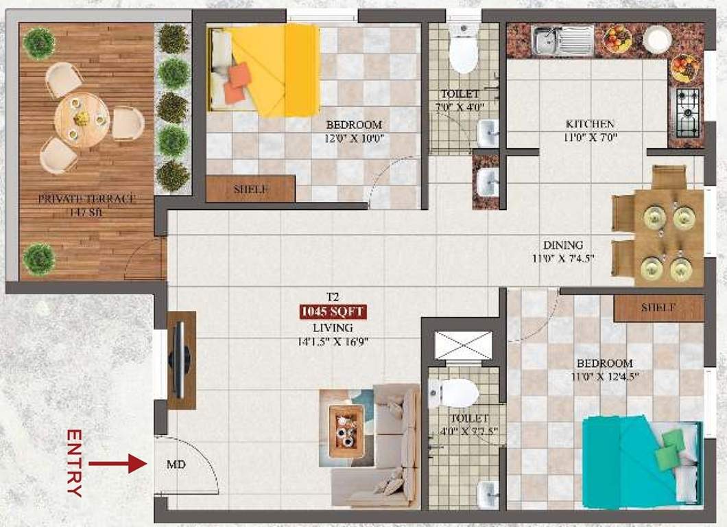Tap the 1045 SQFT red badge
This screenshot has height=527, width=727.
point(333,312)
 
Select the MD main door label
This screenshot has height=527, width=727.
point(176,465)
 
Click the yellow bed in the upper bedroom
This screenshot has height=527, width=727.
point(264,70)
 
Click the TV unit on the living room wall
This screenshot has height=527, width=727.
point(182,360)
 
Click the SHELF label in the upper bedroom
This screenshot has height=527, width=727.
point(250,189)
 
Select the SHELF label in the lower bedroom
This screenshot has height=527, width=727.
point(658,308)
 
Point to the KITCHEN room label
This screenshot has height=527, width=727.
point(590,124)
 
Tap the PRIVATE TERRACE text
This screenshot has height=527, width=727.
point(86,199)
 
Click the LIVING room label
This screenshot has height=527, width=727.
point(333,327)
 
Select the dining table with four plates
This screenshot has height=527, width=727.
point(667,237)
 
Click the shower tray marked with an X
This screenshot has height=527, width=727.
point(464,344)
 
